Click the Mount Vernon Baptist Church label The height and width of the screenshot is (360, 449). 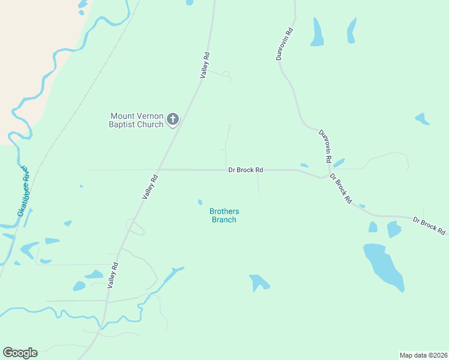pos(136,120)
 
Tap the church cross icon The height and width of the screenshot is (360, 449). pos(173,119)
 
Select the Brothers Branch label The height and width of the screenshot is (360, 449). pos(224,215)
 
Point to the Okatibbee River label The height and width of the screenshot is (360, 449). pos(23,191)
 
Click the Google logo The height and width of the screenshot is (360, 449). pos(20,353)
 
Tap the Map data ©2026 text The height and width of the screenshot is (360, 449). pos(423,355)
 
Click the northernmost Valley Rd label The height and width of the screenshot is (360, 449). pos(205,65)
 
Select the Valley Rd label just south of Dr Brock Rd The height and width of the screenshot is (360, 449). pos(149,187)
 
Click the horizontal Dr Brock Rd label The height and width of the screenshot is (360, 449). pos(246,170)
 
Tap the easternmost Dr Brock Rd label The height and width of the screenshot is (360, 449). pos(429,226)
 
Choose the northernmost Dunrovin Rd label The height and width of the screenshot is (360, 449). pos(284,44)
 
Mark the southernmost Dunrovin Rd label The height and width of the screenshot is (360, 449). pos(325,146)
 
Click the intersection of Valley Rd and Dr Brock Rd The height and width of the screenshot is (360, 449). pos(160,169)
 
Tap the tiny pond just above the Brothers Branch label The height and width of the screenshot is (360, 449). pos(200,202)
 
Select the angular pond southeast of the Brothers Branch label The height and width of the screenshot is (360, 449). pos(259,281)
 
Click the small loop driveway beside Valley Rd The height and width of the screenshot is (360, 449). pos(135,227)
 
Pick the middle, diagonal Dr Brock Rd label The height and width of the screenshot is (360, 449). pos(340,191)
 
